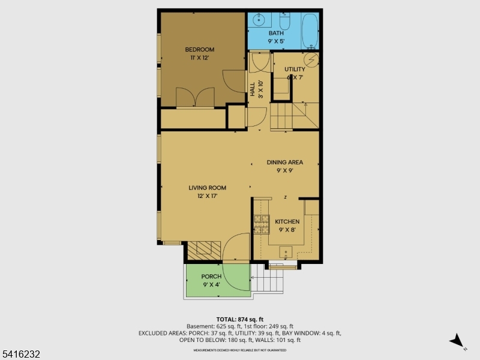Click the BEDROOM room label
(x=199, y=50)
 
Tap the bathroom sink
(x=259, y=20)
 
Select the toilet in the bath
(x=284, y=23)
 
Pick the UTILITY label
(x=295, y=70)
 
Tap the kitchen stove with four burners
(x=261, y=224)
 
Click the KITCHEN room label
(x=287, y=221)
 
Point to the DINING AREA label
(x=285, y=162)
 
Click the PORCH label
(x=211, y=277)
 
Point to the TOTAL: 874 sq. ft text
(x=240, y=319)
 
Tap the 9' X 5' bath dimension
(x=276, y=41)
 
